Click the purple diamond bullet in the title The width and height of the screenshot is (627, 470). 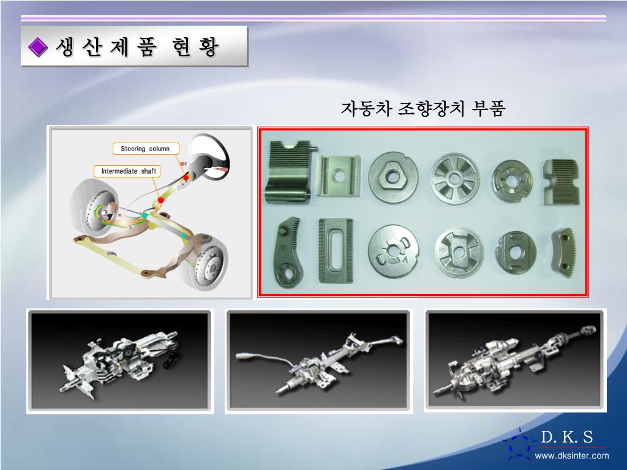click(x=38, y=47)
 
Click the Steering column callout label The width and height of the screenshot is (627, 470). click(x=146, y=149)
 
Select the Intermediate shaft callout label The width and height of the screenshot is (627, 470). click(x=127, y=171)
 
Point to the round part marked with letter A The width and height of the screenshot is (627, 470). click(x=393, y=251)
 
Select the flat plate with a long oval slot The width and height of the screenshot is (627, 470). click(x=336, y=250)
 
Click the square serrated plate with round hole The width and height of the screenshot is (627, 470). click(x=338, y=176)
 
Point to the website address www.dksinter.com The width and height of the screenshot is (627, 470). click(x=572, y=455)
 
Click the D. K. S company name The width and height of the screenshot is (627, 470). click(x=566, y=437)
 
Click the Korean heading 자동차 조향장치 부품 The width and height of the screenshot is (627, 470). click(x=423, y=108)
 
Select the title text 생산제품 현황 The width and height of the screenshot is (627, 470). click(x=138, y=47)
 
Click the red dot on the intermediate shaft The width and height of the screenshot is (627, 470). click(x=161, y=200)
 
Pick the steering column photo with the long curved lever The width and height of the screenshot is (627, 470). click(x=318, y=361)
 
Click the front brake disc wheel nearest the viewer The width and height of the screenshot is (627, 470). click(x=205, y=264)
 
